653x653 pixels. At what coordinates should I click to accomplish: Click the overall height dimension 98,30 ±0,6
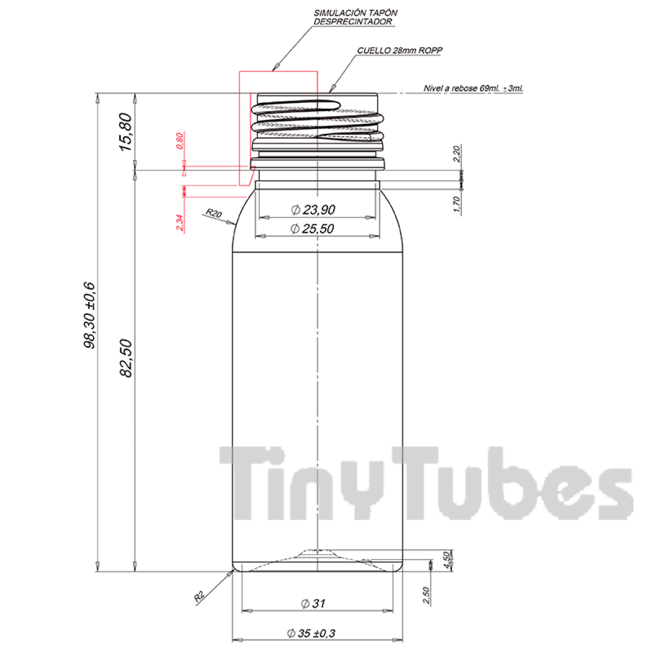pyautogui.click(x=90, y=315)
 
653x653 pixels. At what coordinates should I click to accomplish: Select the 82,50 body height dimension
pyautogui.click(x=126, y=358)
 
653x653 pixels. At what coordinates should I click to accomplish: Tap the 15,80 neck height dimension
pyautogui.click(x=126, y=132)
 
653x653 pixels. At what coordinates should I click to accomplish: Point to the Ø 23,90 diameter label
pyautogui.click(x=313, y=210)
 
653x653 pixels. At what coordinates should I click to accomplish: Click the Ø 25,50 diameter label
pyautogui.click(x=312, y=229)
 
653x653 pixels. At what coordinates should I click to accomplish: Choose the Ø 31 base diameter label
pyautogui.click(x=313, y=603)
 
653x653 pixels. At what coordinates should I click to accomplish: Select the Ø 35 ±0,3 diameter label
pyautogui.click(x=311, y=633)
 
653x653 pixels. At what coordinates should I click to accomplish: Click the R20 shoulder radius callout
pyautogui.click(x=214, y=213)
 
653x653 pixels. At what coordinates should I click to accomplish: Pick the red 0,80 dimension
pyautogui.click(x=180, y=141)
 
